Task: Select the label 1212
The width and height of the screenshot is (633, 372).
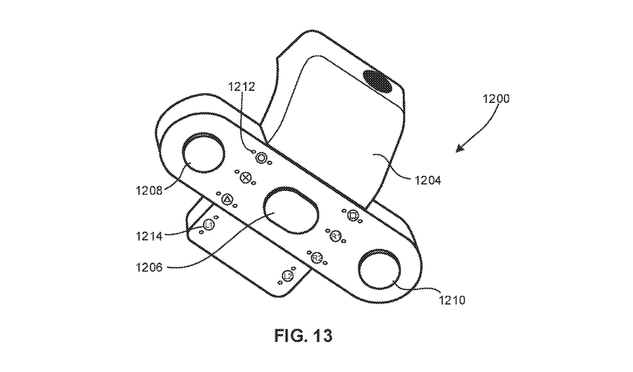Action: click(242, 87)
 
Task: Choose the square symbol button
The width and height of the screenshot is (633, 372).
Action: click(354, 217)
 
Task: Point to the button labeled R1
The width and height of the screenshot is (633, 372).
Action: click(335, 237)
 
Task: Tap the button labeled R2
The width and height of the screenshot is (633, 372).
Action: click(316, 257)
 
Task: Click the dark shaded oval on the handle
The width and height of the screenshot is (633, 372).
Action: click(379, 80)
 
